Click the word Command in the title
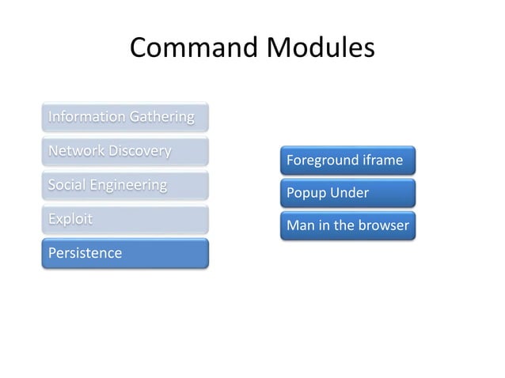pos(190,49)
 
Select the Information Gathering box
pos(125,117)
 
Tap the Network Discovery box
pos(125,151)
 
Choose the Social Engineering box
pos(125,185)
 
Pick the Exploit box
pos(125,219)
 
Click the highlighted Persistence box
pos(125,253)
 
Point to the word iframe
pos(382,161)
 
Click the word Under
pos(350,194)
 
